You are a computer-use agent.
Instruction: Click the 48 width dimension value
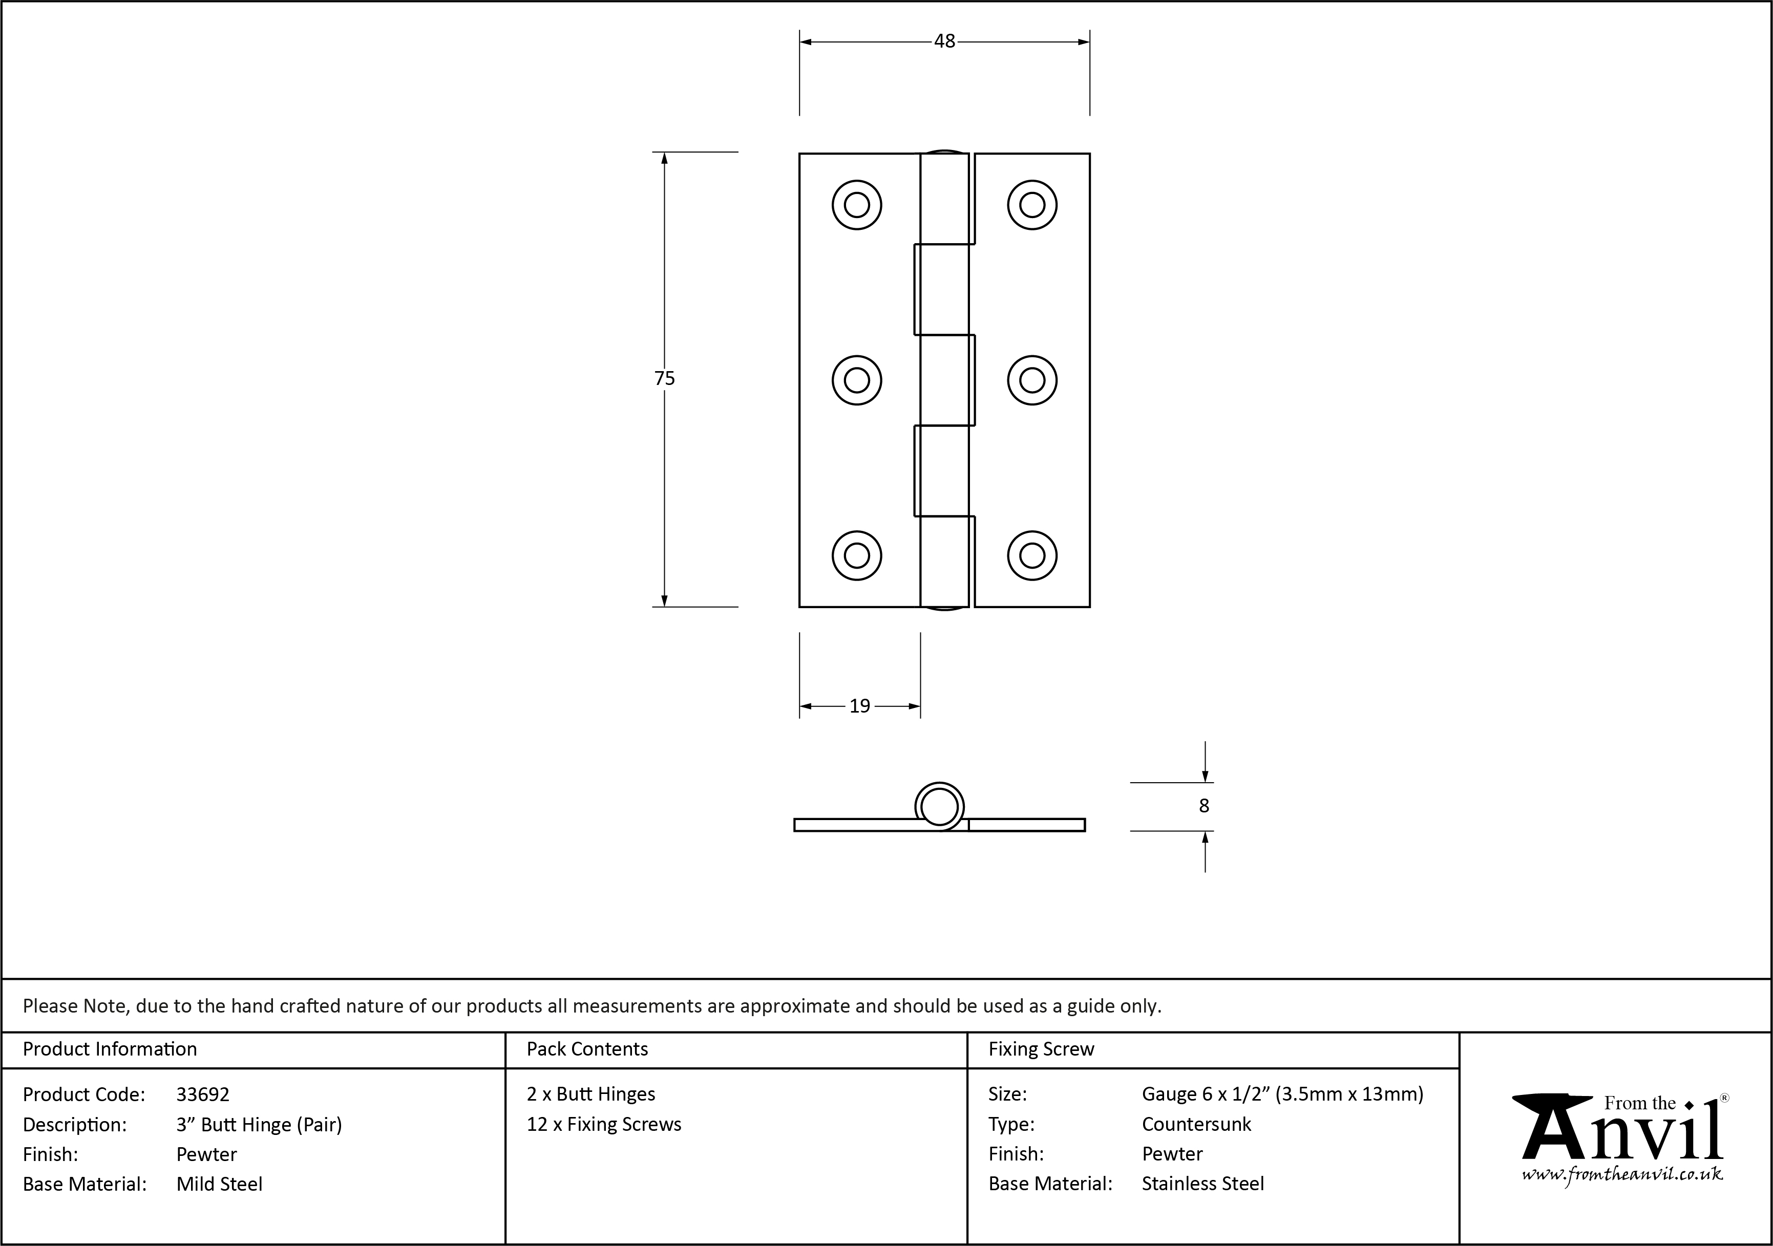pyautogui.click(x=944, y=41)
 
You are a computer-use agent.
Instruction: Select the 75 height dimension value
pyautogui.click(x=664, y=378)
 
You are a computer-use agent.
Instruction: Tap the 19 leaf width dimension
pyautogui.click(x=859, y=705)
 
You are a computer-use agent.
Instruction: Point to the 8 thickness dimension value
pyautogui.click(x=1204, y=806)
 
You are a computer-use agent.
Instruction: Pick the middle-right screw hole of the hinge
pyautogui.click(x=1032, y=380)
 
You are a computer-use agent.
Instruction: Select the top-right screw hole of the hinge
pyautogui.click(x=1032, y=205)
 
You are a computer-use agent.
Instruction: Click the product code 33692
pyautogui.click(x=203, y=1094)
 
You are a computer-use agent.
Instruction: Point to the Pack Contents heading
pyautogui.click(x=587, y=1049)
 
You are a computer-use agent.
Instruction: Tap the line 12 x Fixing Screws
pyautogui.click(x=604, y=1125)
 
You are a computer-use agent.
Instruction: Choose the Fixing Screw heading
pyautogui.click(x=1041, y=1049)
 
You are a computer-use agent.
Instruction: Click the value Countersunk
pyautogui.click(x=1196, y=1124)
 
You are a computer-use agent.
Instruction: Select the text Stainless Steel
pyautogui.click(x=1203, y=1184)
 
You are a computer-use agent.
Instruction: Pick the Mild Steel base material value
pyautogui.click(x=219, y=1184)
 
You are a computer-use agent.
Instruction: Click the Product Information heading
pyautogui.click(x=110, y=1049)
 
